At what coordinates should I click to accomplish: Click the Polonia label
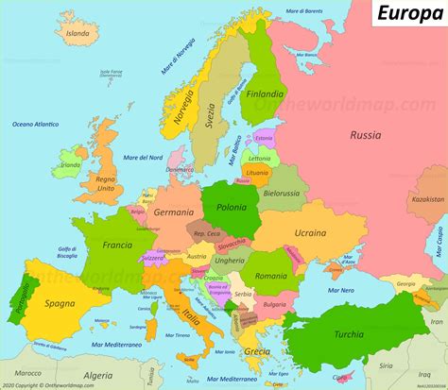click(232, 206)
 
